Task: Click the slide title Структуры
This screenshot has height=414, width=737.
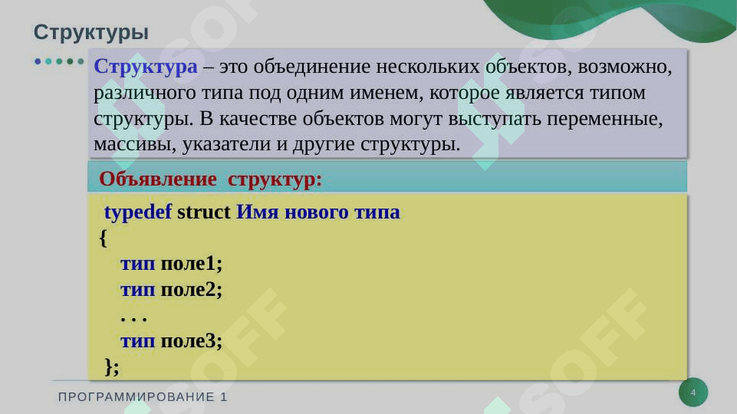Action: coord(90,33)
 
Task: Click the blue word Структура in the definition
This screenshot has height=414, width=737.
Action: coord(145,66)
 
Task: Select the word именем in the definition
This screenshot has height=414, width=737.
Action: coord(387,93)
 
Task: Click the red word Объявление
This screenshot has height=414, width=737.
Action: coord(157,179)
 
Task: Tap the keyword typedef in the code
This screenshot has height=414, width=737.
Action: coord(138,212)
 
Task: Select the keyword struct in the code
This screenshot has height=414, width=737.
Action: coord(203,212)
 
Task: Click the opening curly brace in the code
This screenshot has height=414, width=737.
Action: coord(104,238)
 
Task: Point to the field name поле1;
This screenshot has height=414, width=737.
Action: coord(191,264)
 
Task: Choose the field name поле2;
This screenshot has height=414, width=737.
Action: coord(191,290)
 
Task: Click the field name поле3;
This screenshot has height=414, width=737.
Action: coord(191,340)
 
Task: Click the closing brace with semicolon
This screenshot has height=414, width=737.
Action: coord(112,366)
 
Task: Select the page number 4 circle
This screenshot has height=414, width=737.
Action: coord(693,393)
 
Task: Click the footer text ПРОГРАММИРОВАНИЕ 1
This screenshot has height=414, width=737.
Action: coord(143,397)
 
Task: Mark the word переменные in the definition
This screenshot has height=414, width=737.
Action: coord(604,119)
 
